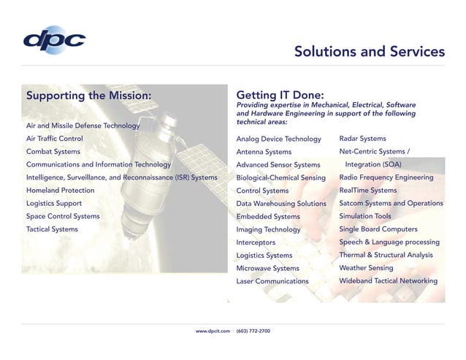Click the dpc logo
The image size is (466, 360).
click(54, 40)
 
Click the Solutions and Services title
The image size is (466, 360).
click(369, 51)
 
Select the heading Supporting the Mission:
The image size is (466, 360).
click(89, 95)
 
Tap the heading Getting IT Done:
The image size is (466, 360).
click(280, 95)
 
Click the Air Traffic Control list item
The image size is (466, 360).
click(55, 138)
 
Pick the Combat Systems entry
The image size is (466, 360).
click(53, 151)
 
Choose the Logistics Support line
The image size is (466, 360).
click(54, 203)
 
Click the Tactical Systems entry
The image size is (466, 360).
click(52, 229)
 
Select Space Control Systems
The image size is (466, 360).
click(63, 216)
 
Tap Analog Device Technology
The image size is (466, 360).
click(279, 139)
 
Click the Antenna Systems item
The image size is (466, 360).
click(264, 152)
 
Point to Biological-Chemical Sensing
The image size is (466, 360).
click(281, 177)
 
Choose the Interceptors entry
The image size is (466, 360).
click(256, 242)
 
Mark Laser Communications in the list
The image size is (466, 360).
click(272, 281)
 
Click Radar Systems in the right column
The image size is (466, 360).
click(363, 138)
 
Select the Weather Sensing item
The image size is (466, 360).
click(366, 268)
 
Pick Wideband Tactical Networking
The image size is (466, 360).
click(389, 280)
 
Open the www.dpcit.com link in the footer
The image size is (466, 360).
click(213, 331)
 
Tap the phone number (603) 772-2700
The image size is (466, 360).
click(253, 331)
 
